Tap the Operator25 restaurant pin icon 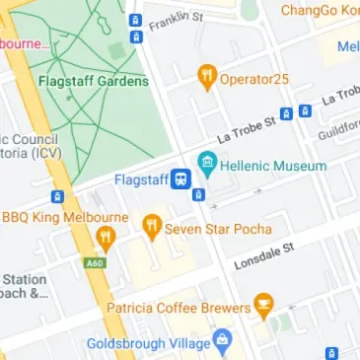click(x=207, y=74)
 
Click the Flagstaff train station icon click(x=180, y=180)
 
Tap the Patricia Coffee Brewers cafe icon click(x=262, y=307)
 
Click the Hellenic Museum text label click(x=273, y=167)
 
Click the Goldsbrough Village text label click(x=149, y=343)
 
